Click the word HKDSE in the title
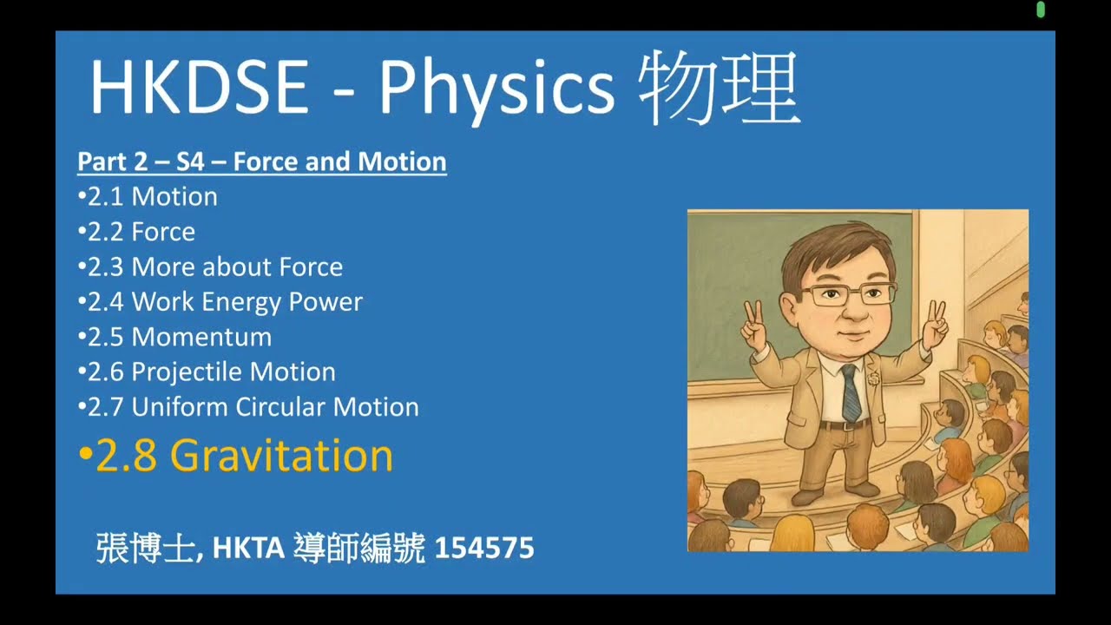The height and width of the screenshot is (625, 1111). point(199,89)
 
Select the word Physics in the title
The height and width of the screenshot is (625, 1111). point(496,89)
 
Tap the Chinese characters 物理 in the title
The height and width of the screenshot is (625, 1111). point(719,89)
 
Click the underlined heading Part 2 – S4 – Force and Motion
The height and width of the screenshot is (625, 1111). point(262,161)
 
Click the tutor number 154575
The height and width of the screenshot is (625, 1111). point(483,549)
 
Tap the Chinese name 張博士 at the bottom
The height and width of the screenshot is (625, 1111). point(144,549)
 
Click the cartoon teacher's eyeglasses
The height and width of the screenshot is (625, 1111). point(848,293)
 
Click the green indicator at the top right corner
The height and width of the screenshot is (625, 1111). point(1041,10)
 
